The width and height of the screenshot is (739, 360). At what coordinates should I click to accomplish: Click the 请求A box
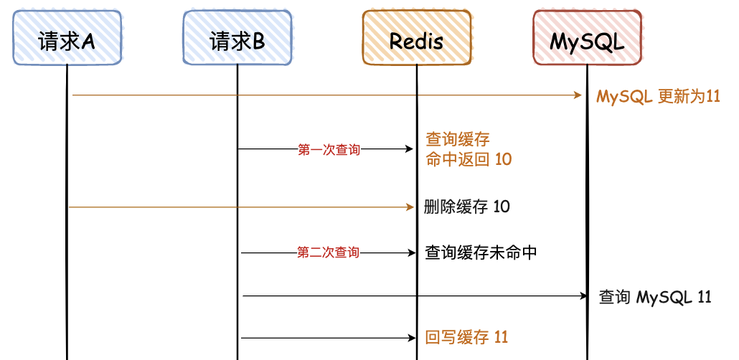click(67, 39)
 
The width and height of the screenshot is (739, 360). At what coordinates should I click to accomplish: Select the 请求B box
click(237, 39)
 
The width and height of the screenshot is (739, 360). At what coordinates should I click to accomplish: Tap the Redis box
click(416, 39)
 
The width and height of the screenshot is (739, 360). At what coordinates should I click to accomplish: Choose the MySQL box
click(587, 39)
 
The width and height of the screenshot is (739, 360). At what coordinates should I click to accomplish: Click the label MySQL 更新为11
click(658, 96)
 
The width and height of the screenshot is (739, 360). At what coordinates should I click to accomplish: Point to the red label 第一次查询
click(329, 150)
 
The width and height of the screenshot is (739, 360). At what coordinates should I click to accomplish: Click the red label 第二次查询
click(328, 253)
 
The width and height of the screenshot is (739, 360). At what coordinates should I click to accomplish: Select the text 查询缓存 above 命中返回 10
click(458, 139)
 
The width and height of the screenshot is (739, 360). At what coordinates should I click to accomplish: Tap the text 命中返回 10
click(469, 159)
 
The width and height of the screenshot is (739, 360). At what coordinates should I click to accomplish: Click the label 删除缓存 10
click(467, 207)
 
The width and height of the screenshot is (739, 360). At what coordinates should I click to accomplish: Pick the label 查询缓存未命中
click(481, 253)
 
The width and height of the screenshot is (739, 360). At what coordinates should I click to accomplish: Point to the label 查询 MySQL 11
click(655, 296)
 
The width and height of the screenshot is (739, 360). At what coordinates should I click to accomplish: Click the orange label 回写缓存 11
click(467, 337)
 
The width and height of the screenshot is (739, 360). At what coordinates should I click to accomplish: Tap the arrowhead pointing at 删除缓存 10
click(410, 207)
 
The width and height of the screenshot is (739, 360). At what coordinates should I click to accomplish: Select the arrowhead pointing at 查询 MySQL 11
click(582, 295)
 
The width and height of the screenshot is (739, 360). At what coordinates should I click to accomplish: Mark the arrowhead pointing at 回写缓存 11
click(410, 338)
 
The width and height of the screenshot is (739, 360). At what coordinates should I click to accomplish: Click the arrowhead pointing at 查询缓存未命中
click(410, 253)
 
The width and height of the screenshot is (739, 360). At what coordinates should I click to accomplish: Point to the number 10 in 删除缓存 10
click(502, 207)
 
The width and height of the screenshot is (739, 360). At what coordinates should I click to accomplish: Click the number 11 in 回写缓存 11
click(501, 337)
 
